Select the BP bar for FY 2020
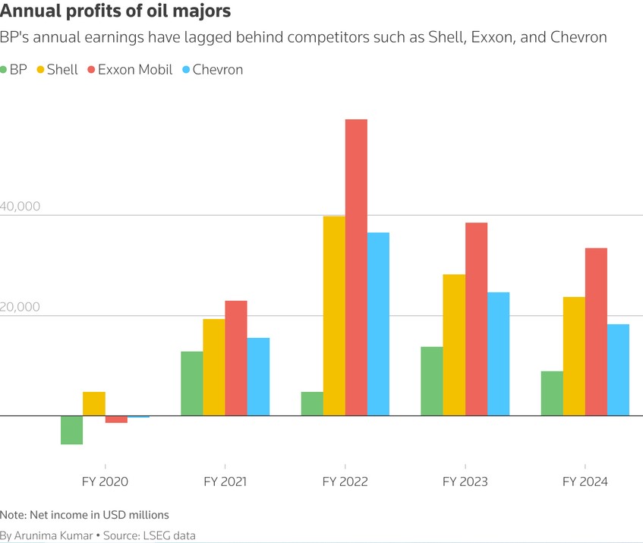pyautogui.click(x=71, y=430)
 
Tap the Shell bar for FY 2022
pyautogui.click(x=334, y=316)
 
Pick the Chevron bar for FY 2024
pyautogui.click(x=619, y=370)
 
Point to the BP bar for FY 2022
pyautogui.click(x=312, y=404)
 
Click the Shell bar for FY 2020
pyautogui.click(x=94, y=404)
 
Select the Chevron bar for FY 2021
pyautogui.click(x=258, y=377)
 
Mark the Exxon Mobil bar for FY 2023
pyautogui.click(x=476, y=319)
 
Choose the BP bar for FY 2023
pyautogui.click(x=432, y=381)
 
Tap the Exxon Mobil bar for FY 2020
pyautogui.click(x=116, y=419)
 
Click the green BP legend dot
pyautogui.click(x=5, y=70)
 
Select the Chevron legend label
pyautogui.click(x=217, y=70)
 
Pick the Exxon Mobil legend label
pyautogui.click(x=135, y=70)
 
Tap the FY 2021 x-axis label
pyautogui.click(x=225, y=481)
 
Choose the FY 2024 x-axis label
pyautogui.click(x=585, y=481)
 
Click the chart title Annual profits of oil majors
pyautogui.click(x=116, y=12)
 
